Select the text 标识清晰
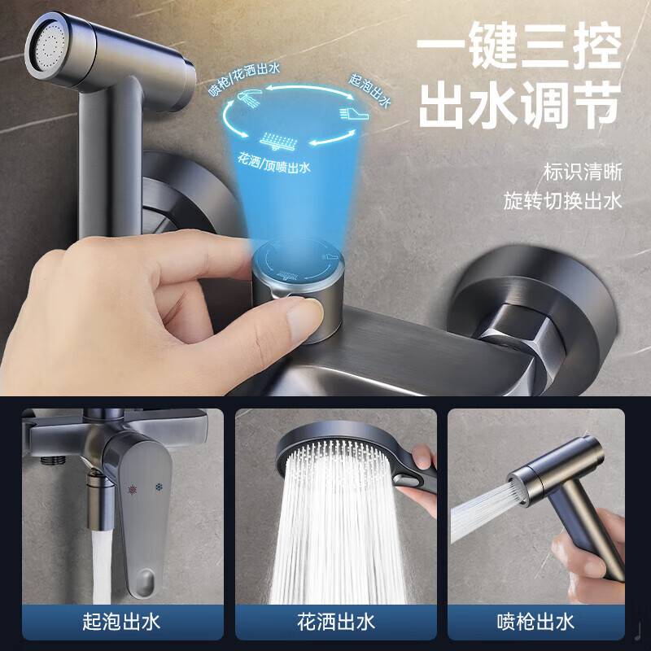coord(583,172)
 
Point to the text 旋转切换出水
coord(562,201)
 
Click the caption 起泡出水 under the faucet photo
coord(122,623)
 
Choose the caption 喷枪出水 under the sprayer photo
coord(535,623)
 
